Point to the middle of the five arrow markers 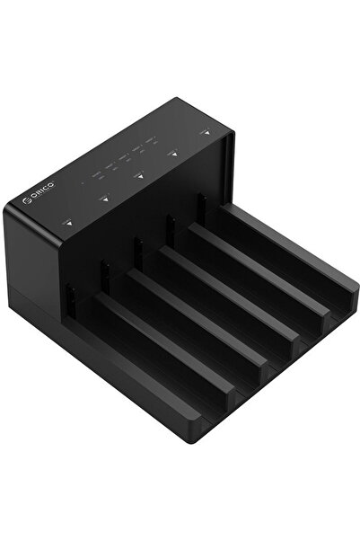click(138, 176)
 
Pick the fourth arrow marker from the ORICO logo click(173, 154)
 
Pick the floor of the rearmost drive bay click(287, 270)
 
